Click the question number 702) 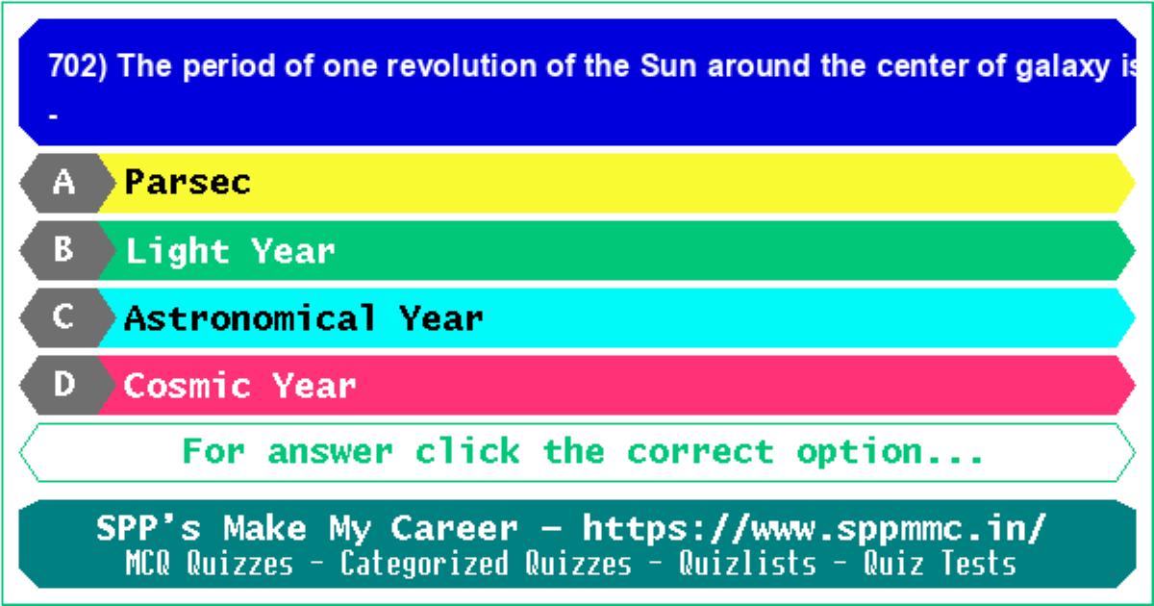(x=78, y=66)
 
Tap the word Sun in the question (x=668, y=66)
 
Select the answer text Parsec (x=188, y=182)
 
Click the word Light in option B (x=178, y=252)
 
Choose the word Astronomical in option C (x=250, y=317)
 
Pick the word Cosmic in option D (x=187, y=385)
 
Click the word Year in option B (x=293, y=251)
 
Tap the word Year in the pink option (x=314, y=385)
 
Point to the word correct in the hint (x=701, y=452)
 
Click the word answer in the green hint (x=330, y=452)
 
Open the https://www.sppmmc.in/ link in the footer (x=815, y=529)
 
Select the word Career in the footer (x=454, y=528)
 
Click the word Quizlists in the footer (x=747, y=563)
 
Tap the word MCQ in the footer (x=147, y=563)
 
